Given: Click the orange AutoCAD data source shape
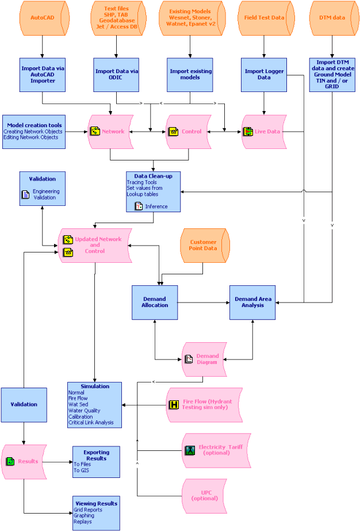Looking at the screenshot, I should (x=43, y=18).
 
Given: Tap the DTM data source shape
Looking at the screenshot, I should (x=331, y=18).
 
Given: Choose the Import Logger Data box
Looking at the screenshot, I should (x=264, y=75).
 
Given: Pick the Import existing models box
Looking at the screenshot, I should (x=190, y=75).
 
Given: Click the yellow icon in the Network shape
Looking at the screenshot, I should (x=95, y=131).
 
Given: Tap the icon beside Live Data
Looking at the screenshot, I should (x=248, y=132).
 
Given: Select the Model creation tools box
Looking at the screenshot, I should (x=33, y=131).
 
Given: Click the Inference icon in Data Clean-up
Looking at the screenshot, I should (x=138, y=206).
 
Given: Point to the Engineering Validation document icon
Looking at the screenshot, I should (x=25, y=194).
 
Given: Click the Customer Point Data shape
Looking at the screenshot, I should (x=204, y=244).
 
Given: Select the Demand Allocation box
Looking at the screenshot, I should (x=155, y=302).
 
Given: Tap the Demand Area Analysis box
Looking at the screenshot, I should (x=253, y=302).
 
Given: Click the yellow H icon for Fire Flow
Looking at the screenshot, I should (x=174, y=404).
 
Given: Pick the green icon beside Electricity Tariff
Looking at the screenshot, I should (x=190, y=450).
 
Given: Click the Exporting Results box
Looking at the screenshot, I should (x=96, y=461).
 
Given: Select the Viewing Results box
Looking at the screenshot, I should (x=96, y=512).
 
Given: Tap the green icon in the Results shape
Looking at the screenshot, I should (x=10, y=461).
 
